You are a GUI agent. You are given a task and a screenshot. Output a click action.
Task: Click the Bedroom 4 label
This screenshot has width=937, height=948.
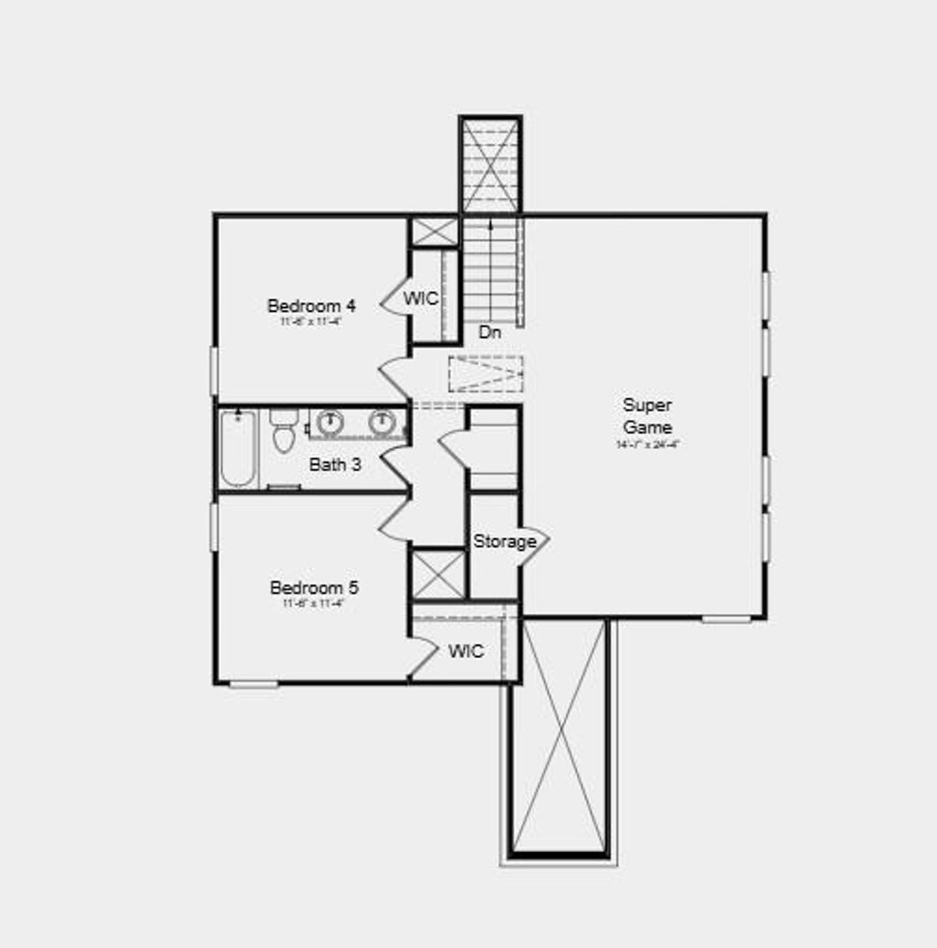coord(311,306)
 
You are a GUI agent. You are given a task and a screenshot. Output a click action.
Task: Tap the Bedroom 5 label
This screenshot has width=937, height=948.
coord(314,587)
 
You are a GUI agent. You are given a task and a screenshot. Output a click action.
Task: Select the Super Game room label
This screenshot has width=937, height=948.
coord(647,416)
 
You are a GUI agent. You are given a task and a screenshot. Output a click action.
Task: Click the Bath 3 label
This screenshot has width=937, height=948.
coord(335,465)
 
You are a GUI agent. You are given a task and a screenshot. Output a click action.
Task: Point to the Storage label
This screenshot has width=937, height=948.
coord(504,542)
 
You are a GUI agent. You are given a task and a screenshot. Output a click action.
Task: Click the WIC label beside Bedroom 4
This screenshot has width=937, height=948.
coord(421,299)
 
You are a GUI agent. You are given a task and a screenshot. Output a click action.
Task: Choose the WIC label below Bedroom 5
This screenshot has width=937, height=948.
coord(466,652)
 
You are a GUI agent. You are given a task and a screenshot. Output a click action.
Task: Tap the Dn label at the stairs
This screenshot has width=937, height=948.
coord(490,333)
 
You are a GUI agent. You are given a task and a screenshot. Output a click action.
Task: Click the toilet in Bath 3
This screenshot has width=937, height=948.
coord(284,430)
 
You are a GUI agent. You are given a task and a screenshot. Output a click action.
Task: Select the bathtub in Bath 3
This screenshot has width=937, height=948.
coord(238,448)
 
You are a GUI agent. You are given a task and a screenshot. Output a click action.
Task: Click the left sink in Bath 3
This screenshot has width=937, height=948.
coord(329,423)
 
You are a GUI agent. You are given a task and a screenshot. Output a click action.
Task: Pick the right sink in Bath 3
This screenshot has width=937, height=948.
coord(382,423)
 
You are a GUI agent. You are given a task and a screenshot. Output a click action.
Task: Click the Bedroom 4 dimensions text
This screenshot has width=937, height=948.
coord(311,322)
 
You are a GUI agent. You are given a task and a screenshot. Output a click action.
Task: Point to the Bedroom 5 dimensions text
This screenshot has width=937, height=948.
coord(314,604)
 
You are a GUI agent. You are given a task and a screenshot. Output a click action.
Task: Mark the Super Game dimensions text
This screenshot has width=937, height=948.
coord(647,445)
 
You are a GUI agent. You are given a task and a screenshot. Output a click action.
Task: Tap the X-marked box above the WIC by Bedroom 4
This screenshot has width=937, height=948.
coord(433,232)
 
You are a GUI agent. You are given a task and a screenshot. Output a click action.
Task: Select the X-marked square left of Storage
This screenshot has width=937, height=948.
coord(438,574)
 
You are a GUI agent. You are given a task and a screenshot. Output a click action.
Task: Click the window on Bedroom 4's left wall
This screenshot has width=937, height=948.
coord(214,371)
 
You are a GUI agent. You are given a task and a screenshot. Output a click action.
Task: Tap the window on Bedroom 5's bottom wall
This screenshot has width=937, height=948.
coord(253,684)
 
